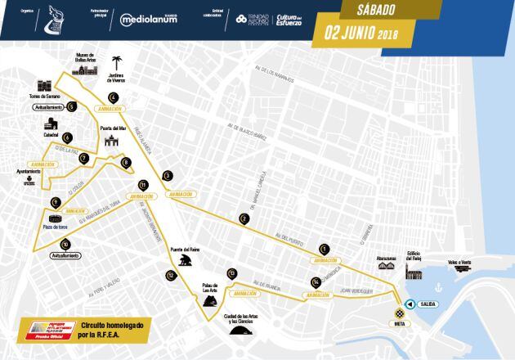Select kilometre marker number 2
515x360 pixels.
click(x=244, y=218)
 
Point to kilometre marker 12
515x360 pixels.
click(x=170, y=275)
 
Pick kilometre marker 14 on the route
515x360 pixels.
click(x=315, y=282)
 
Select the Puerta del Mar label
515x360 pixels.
click(x=112, y=128)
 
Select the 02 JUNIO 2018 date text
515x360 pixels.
click(x=366, y=34)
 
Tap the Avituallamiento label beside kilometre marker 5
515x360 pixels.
click(x=50, y=107)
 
